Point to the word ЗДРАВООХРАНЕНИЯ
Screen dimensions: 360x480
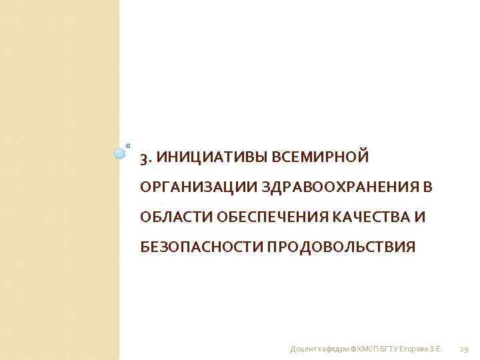coord(338,188)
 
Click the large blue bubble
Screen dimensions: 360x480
coord(120,153)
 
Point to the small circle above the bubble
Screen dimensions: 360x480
coord(128,145)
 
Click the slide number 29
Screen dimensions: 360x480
coord(465,349)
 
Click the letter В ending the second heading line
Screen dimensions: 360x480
coord(427,188)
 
